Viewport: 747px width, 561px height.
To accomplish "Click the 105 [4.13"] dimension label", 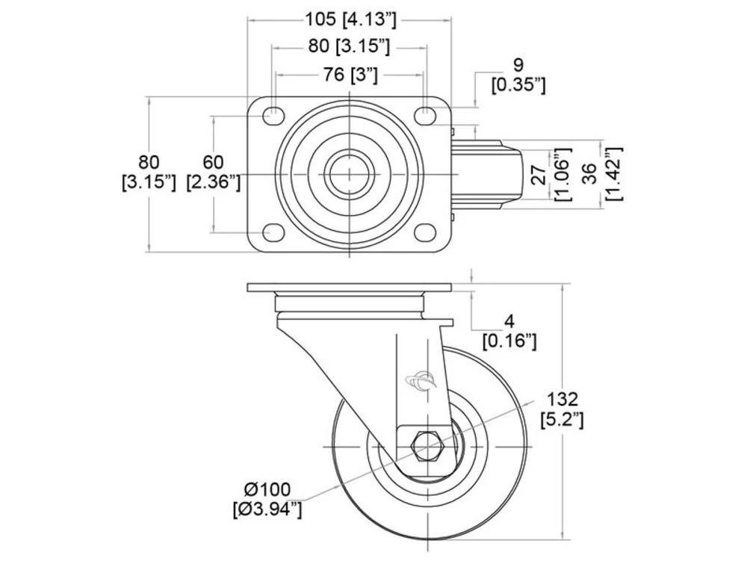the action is [x=350, y=19].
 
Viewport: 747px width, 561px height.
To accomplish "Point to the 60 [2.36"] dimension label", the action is [x=213, y=172].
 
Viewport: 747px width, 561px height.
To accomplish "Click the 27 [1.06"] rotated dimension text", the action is [x=550, y=174].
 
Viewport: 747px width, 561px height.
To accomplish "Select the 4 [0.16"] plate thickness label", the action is [x=509, y=332].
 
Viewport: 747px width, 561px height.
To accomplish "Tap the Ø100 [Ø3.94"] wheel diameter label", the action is [x=267, y=500].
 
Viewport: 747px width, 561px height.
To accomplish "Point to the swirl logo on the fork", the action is [x=420, y=380].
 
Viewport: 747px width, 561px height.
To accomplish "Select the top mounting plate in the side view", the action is [x=349, y=288].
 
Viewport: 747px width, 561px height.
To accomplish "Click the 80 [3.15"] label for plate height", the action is [x=149, y=172].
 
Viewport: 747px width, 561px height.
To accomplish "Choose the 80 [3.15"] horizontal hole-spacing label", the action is [x=349, y=46].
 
